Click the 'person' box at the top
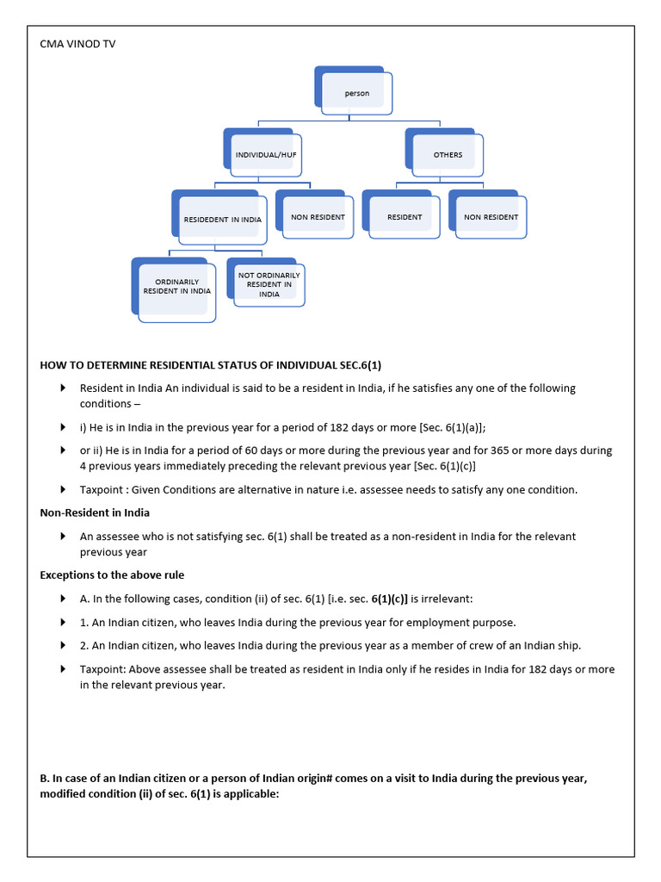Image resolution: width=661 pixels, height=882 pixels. coord(356,93)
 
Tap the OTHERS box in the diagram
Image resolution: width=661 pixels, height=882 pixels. coord(448,155)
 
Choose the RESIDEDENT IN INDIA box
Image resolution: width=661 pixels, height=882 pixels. coord(222,219)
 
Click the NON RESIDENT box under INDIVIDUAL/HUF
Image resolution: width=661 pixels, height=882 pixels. coord(317,217)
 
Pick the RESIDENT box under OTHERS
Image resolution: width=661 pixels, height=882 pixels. coord(405,217)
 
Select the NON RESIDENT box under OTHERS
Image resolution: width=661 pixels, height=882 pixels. coord(491,217)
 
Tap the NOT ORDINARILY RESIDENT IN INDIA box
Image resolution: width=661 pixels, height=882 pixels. coord(269,284)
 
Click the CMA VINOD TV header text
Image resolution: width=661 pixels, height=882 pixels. coord(77,44)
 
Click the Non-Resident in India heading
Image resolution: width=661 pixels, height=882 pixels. coord(95,512)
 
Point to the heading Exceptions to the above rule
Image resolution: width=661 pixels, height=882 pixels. coord(112,575)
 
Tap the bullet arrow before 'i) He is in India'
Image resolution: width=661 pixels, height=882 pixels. coord(63,427)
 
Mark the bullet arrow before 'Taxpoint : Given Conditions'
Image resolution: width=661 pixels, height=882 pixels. coord(63,489)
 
